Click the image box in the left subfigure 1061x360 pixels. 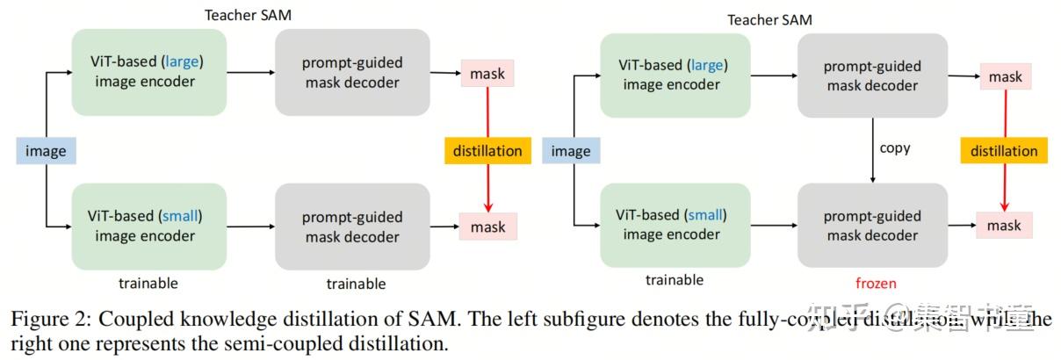click(46, 151)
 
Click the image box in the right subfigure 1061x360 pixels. click(570, 151)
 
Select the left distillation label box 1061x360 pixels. click(487, 151)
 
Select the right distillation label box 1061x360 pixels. click(1003, 151)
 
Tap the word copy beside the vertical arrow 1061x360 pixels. click(895, 148)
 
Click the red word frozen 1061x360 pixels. click(876, 283)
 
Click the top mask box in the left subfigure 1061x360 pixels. click(487, 74)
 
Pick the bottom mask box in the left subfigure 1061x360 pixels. click(487, 227)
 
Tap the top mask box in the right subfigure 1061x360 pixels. click(1005, 76)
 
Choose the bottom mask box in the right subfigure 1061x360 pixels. click(1004, 226)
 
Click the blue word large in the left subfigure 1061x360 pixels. click(186, 63)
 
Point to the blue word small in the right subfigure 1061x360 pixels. click(706, 214)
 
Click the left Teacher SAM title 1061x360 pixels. click(248, 15)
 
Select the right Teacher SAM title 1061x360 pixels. click(769, 19)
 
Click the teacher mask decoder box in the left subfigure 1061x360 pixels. click(351, 73)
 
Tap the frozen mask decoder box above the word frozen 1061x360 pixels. click(872, 225)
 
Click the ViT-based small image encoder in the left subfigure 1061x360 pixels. click(148, 226)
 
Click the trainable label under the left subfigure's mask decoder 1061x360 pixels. click(356, 284)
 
